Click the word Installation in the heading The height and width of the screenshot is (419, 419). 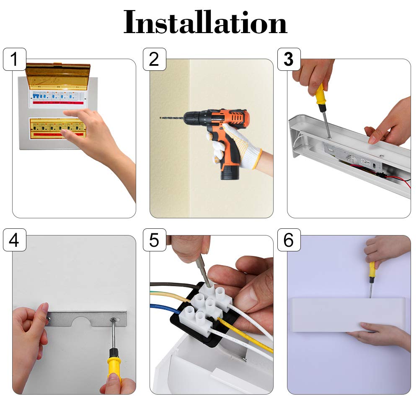(x=205, y=22)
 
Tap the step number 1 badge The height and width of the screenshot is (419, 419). (x=14, y=59)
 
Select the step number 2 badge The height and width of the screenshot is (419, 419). (x=155, y=59)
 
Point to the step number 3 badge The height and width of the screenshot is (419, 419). (x=289, y=59)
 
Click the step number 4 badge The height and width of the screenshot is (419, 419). (x=14, y=240)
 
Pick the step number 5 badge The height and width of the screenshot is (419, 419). (x=155, y=240)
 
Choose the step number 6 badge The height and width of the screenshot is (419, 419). (x=289, y=240)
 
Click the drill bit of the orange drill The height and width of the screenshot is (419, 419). (x=171, y=118)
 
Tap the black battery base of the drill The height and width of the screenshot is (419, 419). (x=230, y=172)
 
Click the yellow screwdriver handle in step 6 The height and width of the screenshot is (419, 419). (x=372, y=270)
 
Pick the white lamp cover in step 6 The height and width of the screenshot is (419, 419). (x=348, y=315)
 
